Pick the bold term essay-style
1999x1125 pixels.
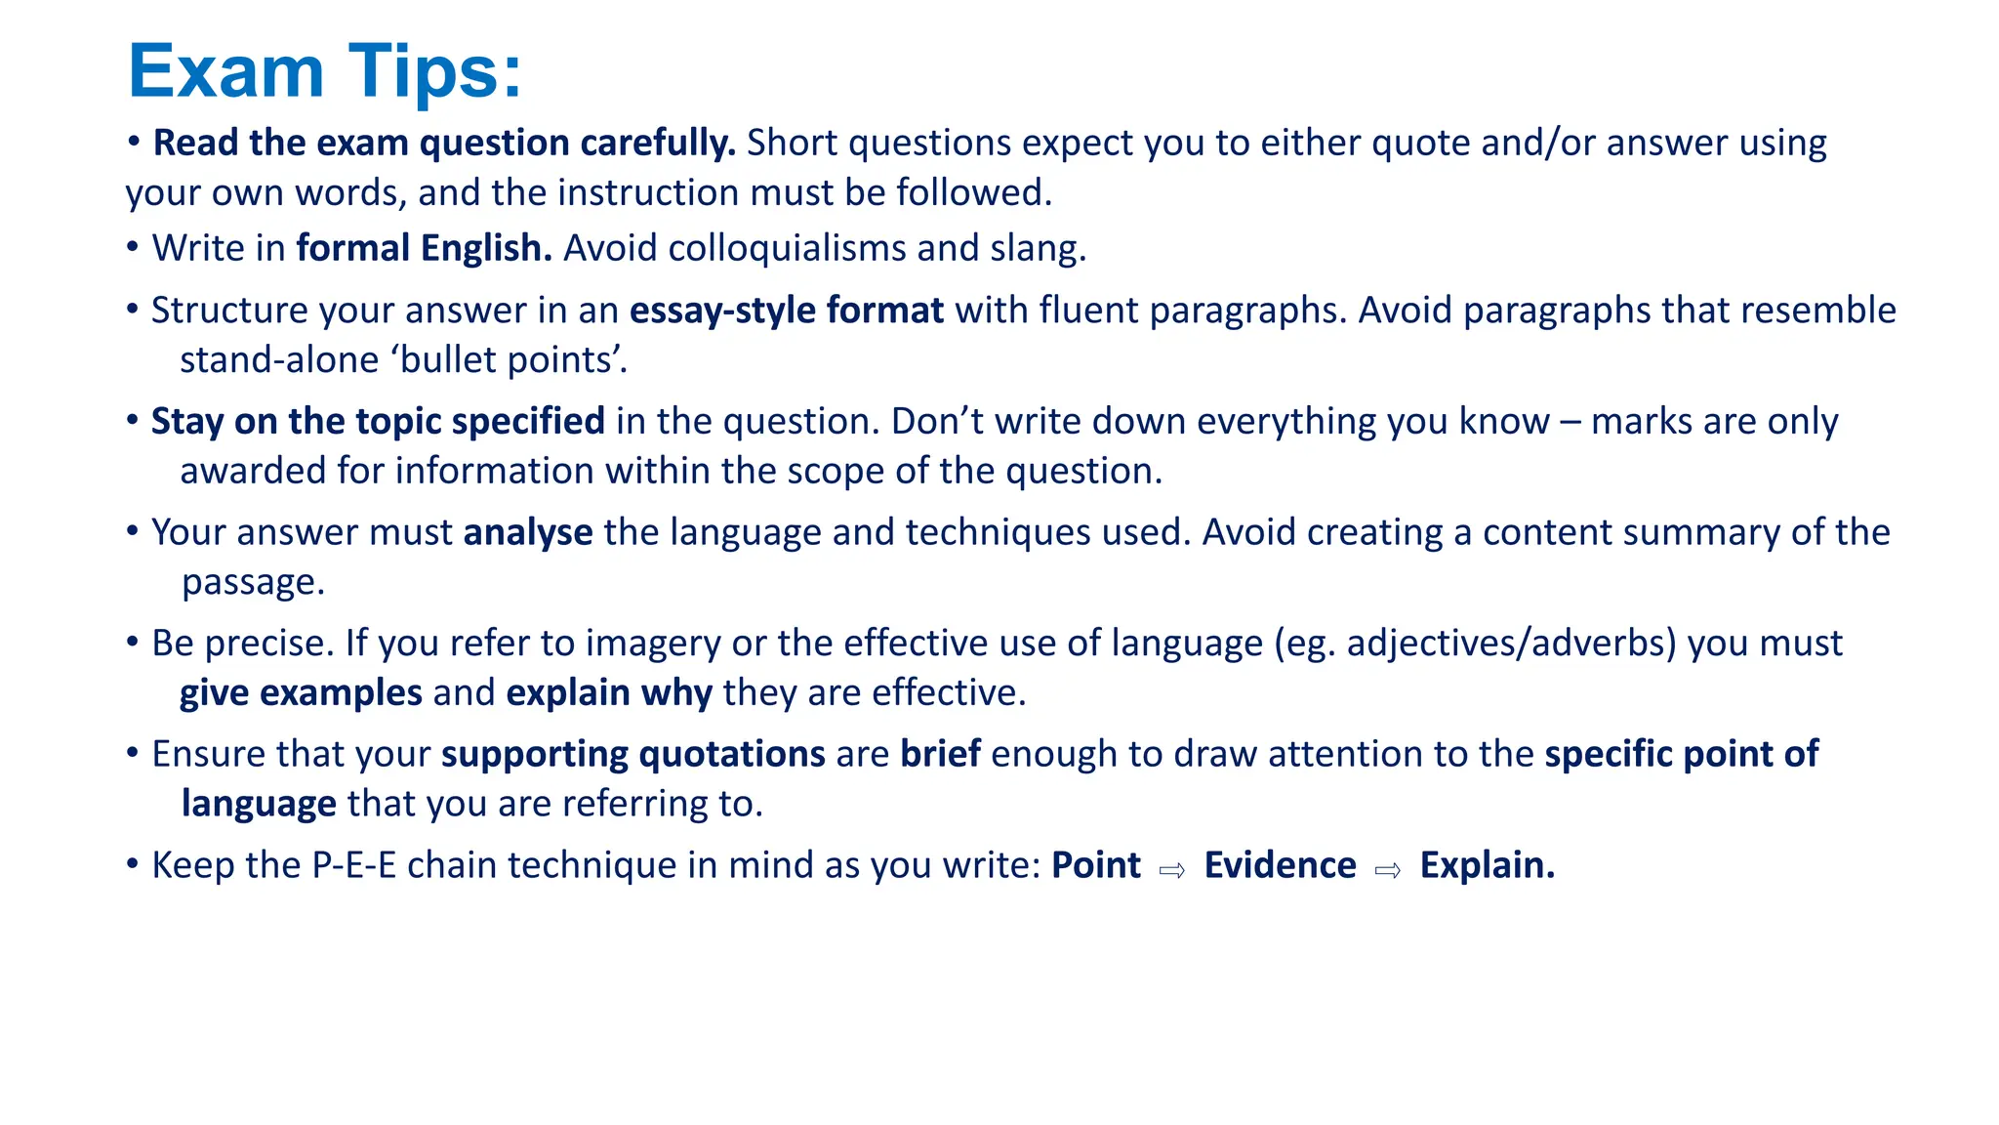(x=722, y=311)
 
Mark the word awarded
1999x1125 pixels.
(x=252, y=471)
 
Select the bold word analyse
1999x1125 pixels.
(x=528, y=533)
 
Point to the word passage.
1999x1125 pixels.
(x=253, y=583)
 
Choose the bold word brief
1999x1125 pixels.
(x=940, y=754)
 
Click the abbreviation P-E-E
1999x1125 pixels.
(x=354, y=865)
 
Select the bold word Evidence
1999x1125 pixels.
(x=1280, y=865)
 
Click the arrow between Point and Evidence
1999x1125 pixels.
(x=1172, y=869)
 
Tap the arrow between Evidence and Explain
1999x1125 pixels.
(x=1388, y=869)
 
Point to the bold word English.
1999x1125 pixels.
(x=486, y=248)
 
